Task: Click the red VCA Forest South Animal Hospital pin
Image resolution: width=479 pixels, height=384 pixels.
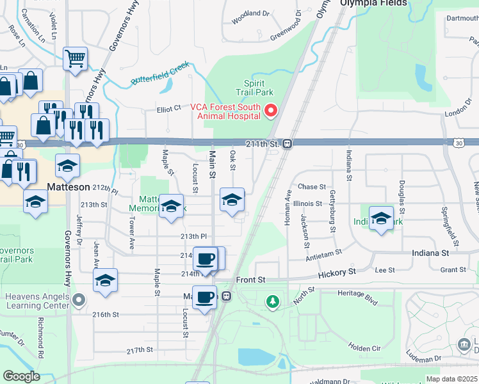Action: (270, 111)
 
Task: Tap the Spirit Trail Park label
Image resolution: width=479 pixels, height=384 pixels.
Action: (259, 88)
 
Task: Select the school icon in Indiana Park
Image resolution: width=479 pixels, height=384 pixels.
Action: (381, 218)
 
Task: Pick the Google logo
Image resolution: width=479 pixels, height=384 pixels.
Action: (21, 376)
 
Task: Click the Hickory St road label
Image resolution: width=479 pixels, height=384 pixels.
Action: (337, 273)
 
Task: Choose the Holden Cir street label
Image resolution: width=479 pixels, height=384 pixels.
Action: (365, 348)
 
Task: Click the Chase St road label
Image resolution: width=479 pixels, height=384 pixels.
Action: (312, 187)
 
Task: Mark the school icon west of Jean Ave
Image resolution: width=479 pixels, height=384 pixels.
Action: (106, 280)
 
